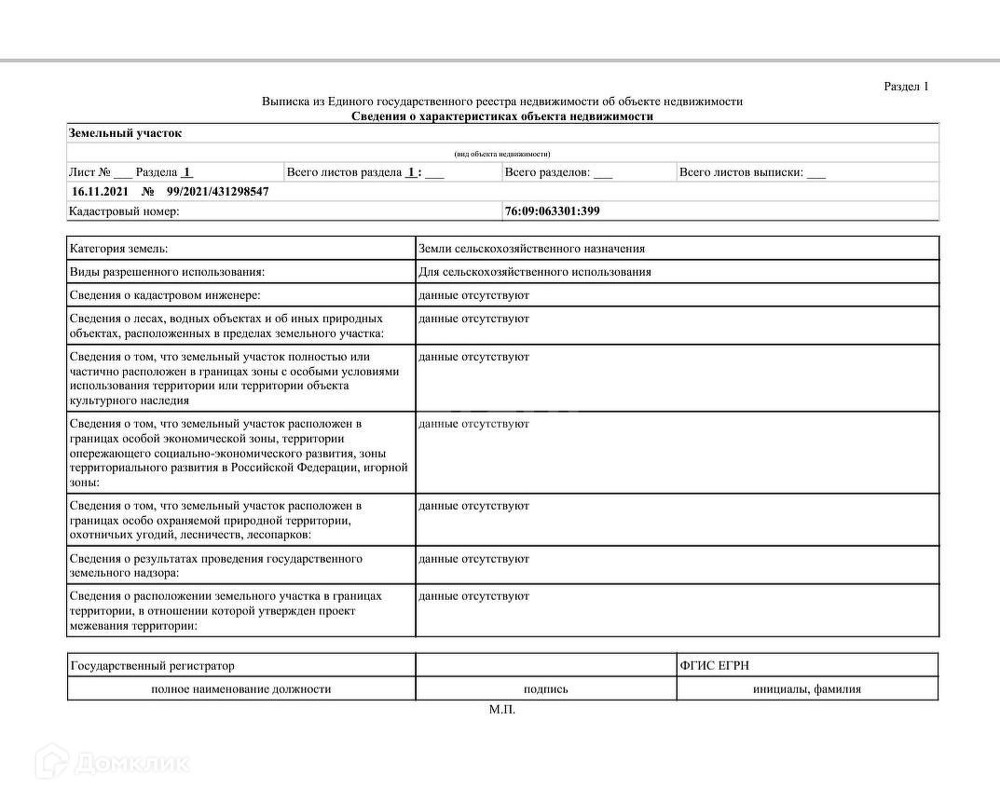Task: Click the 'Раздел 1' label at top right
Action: (x=906, y=87)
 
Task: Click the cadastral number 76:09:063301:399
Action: (x=552, y=211)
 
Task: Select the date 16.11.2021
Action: (x=101, y=191)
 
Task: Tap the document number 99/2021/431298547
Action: (x=218, y=191)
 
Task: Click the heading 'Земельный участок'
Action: (x=125, y=133)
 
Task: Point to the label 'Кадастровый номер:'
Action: (x=124, y=211)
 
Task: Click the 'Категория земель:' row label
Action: (x=119, y=249)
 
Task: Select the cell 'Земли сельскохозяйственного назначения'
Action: (x=532, y=249)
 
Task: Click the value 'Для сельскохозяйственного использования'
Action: (x=535, y=272)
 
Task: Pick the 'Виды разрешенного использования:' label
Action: (x=168, y=272)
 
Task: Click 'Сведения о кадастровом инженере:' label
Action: (x=165, y=295)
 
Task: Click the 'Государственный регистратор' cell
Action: (x=153, y=665)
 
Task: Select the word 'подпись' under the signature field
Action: (x=546, y=689)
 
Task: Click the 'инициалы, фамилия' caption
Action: (x=807, y=689)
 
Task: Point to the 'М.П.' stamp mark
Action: (x=501, y=710)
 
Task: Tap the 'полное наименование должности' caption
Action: (x=241, y=689)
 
